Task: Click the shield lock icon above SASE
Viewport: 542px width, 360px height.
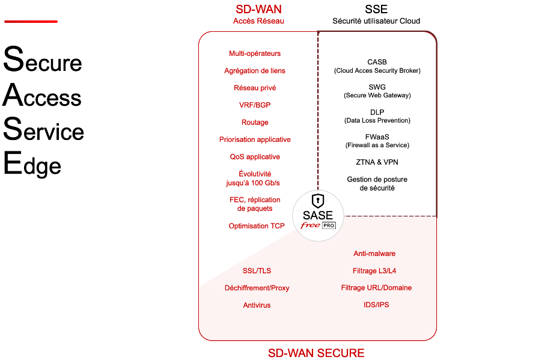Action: coord(317,201)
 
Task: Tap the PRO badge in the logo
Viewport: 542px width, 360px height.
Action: coord(329,225)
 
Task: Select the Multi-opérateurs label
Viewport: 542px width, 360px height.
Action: coord(255,53)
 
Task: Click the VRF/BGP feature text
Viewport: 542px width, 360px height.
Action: coord(255,105)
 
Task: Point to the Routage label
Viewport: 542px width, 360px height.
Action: coord(255,122)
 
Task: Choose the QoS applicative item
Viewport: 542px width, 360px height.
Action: coord(255,157)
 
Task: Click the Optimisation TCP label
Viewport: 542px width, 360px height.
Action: coord(257,226)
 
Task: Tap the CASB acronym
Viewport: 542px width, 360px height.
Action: coord(377,62)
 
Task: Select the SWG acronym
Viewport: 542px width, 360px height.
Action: coord(377,87)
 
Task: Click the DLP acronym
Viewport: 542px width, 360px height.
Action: coord(377,112)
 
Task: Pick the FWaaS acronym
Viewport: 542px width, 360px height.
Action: coord(377,137)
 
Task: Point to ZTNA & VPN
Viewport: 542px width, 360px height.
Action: coord(377,162)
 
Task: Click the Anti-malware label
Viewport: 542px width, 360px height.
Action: coord(374,254)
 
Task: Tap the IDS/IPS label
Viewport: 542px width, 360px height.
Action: coord(376,305)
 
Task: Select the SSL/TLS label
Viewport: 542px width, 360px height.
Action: coord(257,271)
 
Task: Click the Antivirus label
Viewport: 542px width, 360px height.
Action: coord(257,305)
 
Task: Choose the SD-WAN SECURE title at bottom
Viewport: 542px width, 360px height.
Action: coord(316,353)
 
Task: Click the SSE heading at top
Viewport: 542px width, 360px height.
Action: coord(376,9)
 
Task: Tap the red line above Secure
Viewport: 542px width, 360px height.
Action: coord(31,22)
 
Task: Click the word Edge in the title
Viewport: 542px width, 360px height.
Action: coord(32,165)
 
